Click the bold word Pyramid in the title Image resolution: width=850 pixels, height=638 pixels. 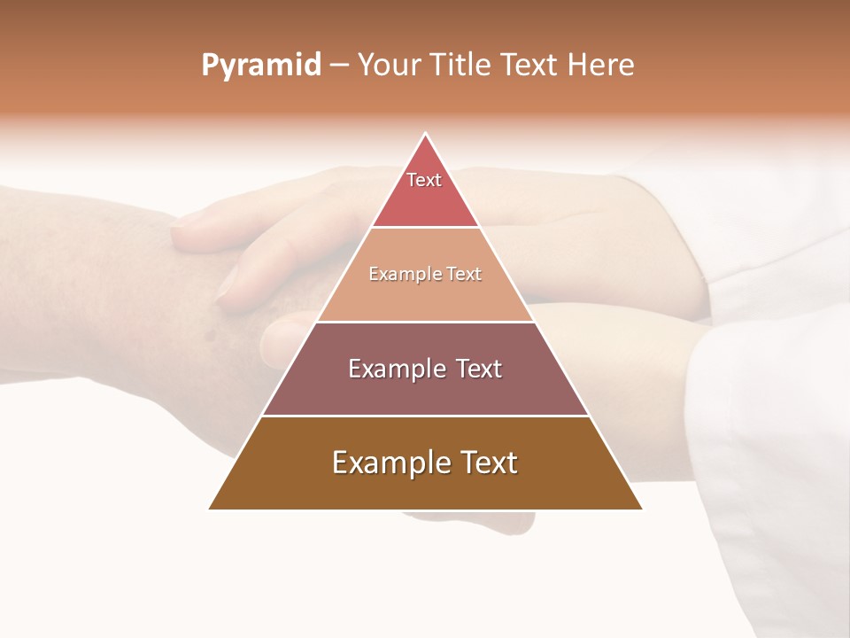point(261,66)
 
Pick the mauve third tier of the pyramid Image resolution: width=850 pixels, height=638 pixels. point(425,390)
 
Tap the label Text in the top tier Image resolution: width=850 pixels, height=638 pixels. point(424,180)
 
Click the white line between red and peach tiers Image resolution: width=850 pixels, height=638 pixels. point(425,228)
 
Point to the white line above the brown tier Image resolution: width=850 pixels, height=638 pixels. point(425,416)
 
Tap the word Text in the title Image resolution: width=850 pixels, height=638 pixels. point(530,66)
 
